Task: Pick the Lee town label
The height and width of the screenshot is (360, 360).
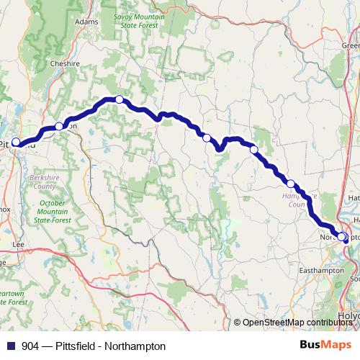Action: click(x=19, y=245)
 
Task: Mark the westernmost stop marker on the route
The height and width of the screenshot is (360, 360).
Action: click(x=16, y=142)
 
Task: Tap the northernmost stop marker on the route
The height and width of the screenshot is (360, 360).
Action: click(x=120, y=99)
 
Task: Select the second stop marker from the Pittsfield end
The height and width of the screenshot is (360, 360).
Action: click(x=59, y=126)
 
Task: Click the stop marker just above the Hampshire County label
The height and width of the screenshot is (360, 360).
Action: click(x=291, y=184)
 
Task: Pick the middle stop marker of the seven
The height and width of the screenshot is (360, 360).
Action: click(x=207, y=138)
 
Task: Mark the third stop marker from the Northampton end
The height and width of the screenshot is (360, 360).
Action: click(x=253, y=149)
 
